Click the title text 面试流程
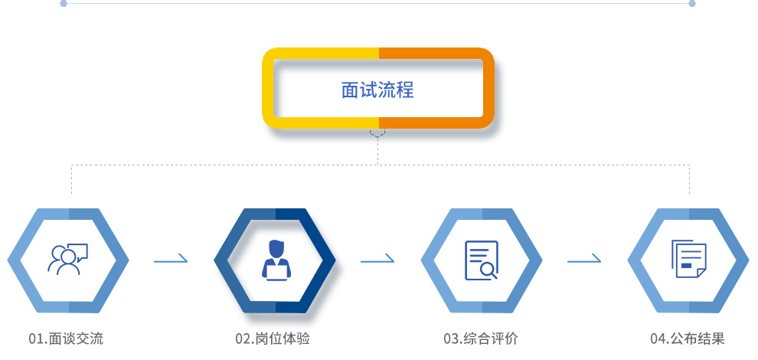click(x=377, y=90)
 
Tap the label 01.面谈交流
click(x=65, y=339)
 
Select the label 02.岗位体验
click(x=273, y=339)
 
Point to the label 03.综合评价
click(x=480, y=339)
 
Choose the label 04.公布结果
click(x=687, y=339)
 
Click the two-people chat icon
click(x=67, y=260)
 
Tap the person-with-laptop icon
click(x=275, y=259)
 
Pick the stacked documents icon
click(x=688, y=259)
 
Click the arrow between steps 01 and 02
click(x=171, y=261)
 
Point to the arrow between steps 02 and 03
click(x=377, y=261)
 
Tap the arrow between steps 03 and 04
click(x=584, y=261)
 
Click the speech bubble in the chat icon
click(x=77, y=251)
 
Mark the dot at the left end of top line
click(x=64, y=3)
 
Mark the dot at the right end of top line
click(x=692, y=3)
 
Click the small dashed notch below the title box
click(x=377, y=133)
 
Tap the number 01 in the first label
click(x=35, y=339)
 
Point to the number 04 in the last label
click(x=657, y=339)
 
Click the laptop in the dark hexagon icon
click(x=275, y=269)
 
